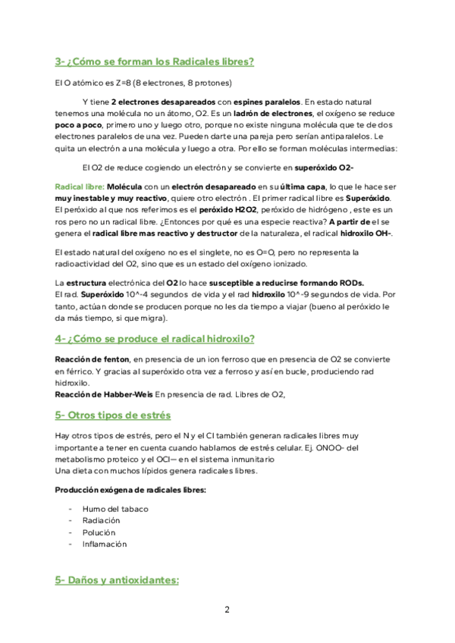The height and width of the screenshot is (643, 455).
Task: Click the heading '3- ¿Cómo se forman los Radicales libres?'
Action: [154, 61]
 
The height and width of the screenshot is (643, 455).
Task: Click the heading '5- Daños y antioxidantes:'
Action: [117, 580]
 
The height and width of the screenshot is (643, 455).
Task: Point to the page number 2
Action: [227, 609]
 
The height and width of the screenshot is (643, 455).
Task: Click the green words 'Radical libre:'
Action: [80, 187]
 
